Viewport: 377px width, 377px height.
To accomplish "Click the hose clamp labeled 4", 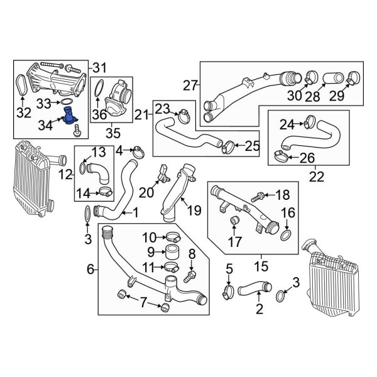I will coord(138,150).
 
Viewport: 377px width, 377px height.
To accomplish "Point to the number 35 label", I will coord(112,133).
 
